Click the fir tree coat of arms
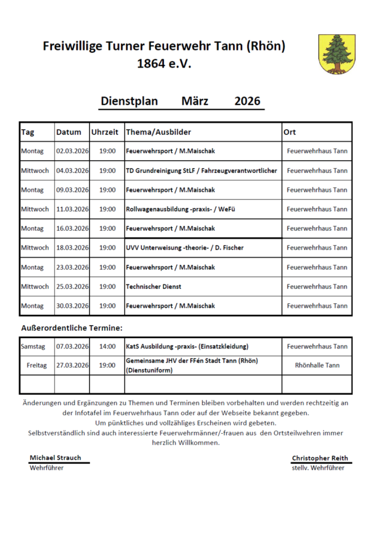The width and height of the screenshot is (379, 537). click(337, 54)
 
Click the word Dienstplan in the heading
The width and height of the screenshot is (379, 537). click(129, 101)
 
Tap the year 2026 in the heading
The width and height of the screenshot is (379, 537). click(247, 101)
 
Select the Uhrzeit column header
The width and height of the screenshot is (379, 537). click(105, 132)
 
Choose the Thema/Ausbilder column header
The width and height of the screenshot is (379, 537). click(159, 132)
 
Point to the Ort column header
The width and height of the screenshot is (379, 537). click(290, 132)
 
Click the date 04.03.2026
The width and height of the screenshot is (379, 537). click(72, 170)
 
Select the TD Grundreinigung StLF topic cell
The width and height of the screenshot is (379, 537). click(202, 170)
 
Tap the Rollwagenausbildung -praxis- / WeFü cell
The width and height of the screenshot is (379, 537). click(184, 209)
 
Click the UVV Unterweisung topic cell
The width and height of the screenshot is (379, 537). click(185, 248)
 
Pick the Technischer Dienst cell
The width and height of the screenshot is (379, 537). click(153, 286)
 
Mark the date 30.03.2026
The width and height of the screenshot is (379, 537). click(72, 306)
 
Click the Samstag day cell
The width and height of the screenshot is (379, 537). click(33, 347)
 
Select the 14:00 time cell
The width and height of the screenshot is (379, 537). click(107, 347)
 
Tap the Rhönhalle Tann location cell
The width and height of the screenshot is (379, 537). click(317, 365)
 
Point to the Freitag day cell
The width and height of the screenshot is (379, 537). click(37, 365)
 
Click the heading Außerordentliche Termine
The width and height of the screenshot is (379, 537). click(72, 328)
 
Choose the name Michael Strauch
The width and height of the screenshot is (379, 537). click(55, 458)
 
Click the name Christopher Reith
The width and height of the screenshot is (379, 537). click(320, 458)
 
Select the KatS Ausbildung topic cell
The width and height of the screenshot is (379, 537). click(187, 347)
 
